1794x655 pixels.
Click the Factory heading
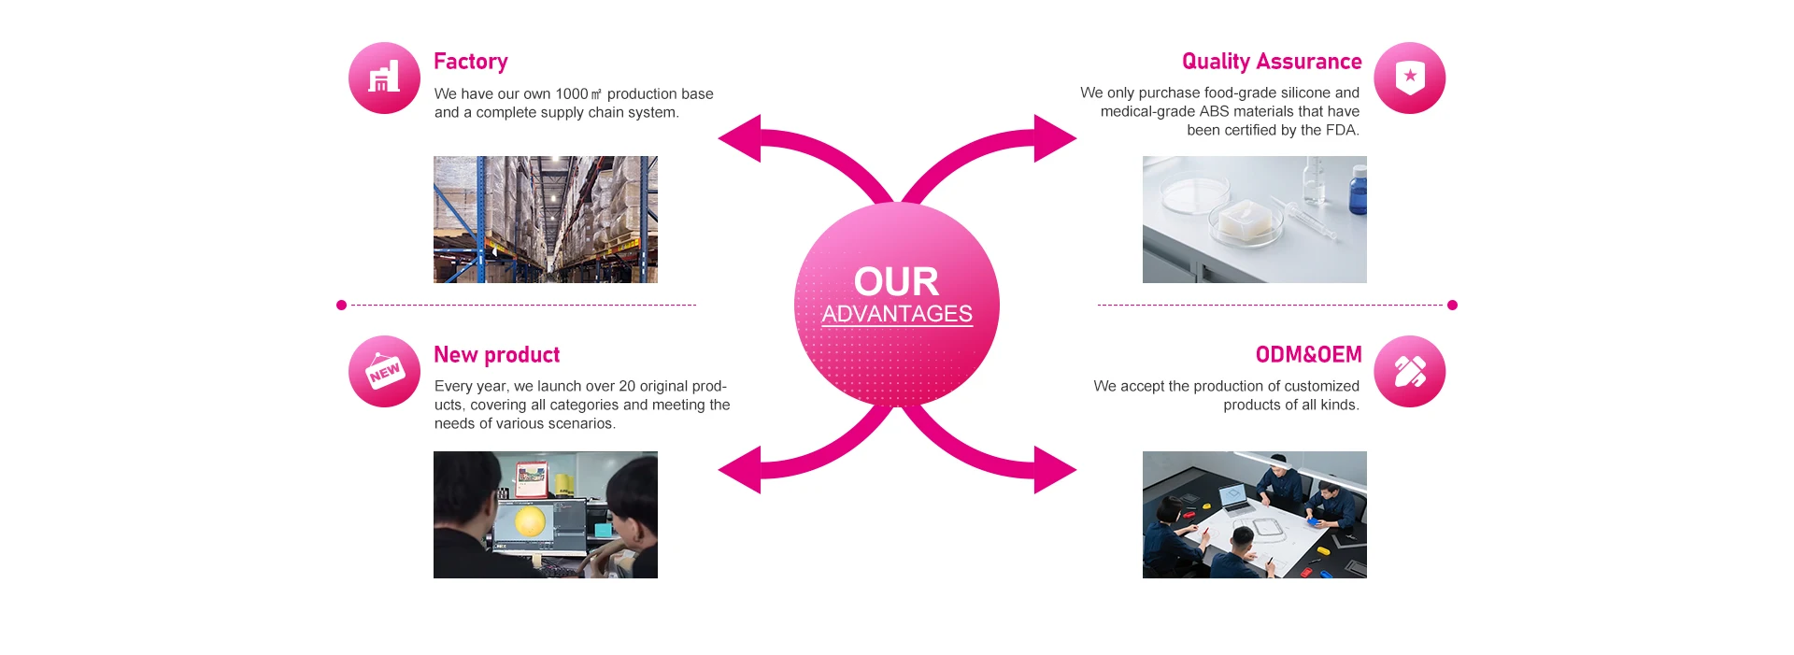pos(470,62)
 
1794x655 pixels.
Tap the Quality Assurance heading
pos(1271,62)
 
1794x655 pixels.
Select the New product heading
pos(496,355)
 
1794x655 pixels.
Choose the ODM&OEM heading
pos(1308,355)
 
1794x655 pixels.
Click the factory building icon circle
pos(384,78)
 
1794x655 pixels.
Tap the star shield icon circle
pos(1409,78)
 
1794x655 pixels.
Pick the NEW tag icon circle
pos(384,372)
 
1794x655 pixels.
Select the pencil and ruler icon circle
pos(1409,372)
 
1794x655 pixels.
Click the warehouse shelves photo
pos(545,220)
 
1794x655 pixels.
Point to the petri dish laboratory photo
pos(1254,220)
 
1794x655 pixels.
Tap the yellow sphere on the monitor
pos(530,520)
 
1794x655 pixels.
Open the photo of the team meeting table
pos(1254,515)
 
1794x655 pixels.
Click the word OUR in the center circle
pos(896,282)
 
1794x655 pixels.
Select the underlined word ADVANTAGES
pos(897,314)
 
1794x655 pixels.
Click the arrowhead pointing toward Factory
pos(741,138)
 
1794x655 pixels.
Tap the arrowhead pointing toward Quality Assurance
pos(1054,138)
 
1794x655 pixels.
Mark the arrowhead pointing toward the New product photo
pos(741,469)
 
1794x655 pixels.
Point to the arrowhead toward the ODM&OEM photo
pos(1054,469)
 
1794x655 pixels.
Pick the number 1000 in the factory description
pos(571,94)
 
